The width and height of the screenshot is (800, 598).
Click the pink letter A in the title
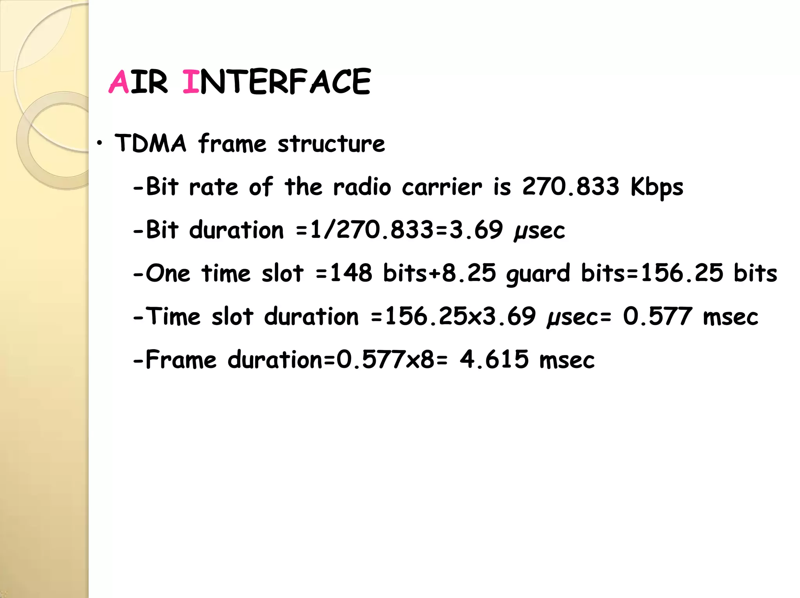point(119,82)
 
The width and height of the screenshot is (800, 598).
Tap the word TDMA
point(150,143)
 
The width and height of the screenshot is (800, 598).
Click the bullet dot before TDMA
point(100,143)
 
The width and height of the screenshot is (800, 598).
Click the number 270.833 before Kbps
point(571,186)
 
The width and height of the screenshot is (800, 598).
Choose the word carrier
point(442,187)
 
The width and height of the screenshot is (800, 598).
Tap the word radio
point(362,187)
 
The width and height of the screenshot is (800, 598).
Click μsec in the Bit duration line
point(539,230)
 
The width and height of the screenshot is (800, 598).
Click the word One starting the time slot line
point(168,273)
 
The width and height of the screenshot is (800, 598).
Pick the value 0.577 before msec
point(658,316)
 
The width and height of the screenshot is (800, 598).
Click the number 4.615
point(494,359)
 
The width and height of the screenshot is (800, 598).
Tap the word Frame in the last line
point(181,359)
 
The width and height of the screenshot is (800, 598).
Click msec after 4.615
point(567,360)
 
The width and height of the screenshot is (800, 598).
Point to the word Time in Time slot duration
point(173,316)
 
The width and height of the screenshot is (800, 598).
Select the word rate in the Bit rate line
point(213,187)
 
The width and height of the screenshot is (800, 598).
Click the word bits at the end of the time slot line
point(755,273)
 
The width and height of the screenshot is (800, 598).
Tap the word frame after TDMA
point(232,143)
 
